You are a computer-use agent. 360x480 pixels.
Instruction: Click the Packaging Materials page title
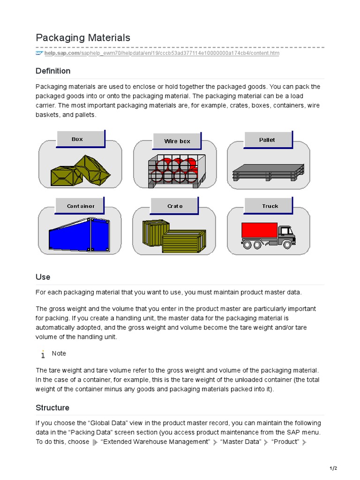pos(83,37)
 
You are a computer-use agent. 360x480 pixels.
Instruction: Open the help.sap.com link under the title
pos(162,53)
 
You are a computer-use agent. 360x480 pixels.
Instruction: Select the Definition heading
pos(53,71)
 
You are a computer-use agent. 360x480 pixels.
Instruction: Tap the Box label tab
pos(77,139)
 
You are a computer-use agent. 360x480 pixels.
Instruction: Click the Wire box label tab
pos(177,141)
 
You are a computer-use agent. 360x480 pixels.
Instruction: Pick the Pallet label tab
pos(267,140)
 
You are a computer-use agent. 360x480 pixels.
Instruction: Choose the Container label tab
pos(80,206)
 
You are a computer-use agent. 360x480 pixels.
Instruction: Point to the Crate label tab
pos(175,206)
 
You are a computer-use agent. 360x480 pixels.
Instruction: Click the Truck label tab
pos(270,206)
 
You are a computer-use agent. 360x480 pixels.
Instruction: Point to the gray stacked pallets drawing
pos(268,172)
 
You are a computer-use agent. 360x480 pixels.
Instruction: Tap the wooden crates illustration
pos(173,236)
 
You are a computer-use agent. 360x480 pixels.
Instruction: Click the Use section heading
pos(43,277)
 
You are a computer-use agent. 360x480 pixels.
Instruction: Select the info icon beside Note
pos(43,354)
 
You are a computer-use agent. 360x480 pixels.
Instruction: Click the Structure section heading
pos(52,408)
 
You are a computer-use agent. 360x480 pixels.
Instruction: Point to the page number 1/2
pos(333,468)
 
